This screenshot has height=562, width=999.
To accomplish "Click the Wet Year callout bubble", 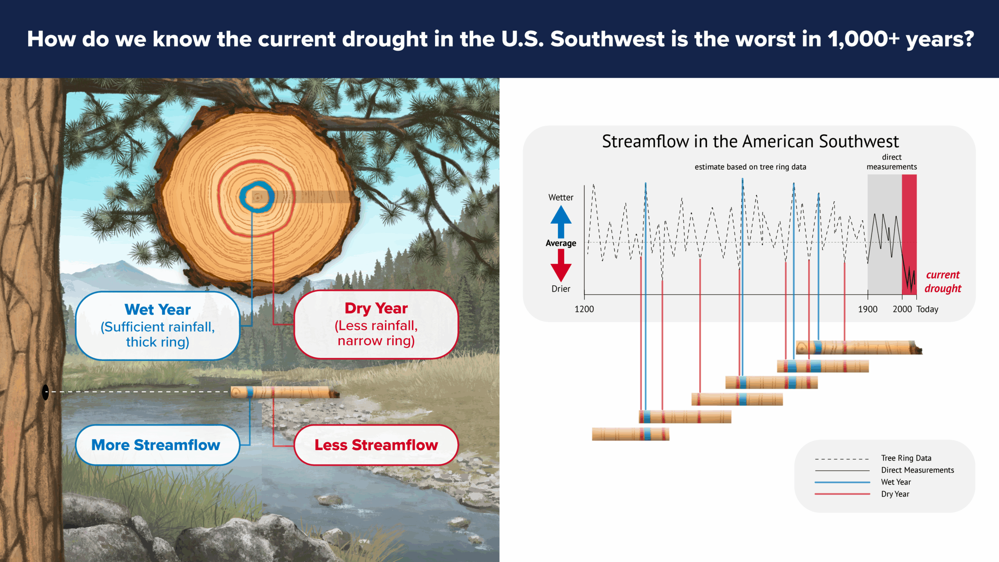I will pyautogui.click(x=157, y=325).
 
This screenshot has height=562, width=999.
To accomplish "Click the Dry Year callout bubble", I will pyautogui.click(x=376, y=324).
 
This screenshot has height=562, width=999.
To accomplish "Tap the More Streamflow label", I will pyautogui.click(x=156, y=445).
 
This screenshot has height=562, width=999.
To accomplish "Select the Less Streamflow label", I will pyautogui.click(x=376, y=445).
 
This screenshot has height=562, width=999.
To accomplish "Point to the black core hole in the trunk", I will pyautogui.click(x=45, y=392).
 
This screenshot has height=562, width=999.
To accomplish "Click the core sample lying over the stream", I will pyautogui.click(x=285, y=392).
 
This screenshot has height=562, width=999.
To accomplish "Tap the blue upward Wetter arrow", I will pyautogui.click(x=561, y=221).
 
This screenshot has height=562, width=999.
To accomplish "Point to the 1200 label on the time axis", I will pyautogui.click(x=584, y=309).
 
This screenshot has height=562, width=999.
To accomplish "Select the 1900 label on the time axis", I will pyautogui.click(x=867, y=309).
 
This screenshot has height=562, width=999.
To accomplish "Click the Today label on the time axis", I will pyautogui.click(x=927, y=309).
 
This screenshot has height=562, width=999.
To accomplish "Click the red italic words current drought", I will pyautogui.click(x=942, y=281).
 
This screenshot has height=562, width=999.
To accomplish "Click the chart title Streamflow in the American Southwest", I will pyautogui.click(x=750, y=141).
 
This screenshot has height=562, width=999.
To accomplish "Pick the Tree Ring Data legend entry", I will pyautogui.click(x=906, y=458).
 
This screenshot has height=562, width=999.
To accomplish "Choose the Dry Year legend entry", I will pyautogui.click(x=895, y=494).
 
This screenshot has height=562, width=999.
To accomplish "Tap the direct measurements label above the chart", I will pyautogui.click(x=892, y=162).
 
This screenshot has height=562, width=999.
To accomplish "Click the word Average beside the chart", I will pyautogui.click(x=561, y=243).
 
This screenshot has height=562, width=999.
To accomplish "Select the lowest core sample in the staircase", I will pyautogui.click(x=630, y=434).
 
